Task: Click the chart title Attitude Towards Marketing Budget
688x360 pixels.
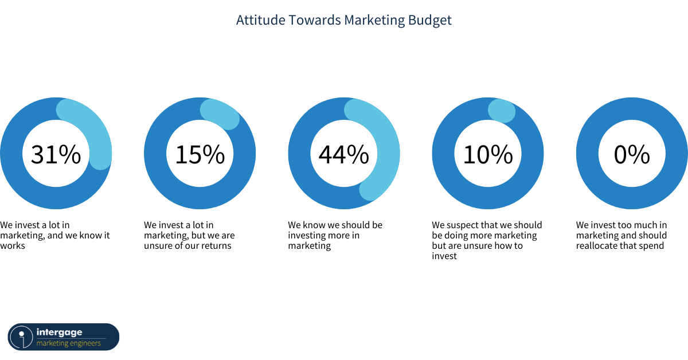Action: (343, 21)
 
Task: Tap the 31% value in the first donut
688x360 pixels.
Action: (56, 154)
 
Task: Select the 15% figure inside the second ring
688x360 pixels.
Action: (200, 154)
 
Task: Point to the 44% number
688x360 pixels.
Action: (343, 154)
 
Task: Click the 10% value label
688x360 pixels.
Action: (488, 154)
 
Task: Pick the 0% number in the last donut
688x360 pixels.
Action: (632, 154)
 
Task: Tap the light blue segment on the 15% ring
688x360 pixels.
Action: (222, 113)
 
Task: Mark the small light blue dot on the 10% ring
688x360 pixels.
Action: (502, 111)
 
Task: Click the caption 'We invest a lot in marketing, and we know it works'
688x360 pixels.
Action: (54, 235)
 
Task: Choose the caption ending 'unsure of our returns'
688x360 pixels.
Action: (189, 235)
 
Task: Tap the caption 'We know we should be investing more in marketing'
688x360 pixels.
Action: (335, 235)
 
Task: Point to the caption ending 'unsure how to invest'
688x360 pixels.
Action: (487, 241)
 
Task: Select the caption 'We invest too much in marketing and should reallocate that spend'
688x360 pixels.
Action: (621, 235)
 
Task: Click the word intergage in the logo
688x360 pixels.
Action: (59, 332)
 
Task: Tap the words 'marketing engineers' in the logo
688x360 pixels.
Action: (68, 343)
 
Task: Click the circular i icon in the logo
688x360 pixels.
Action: (21, 337)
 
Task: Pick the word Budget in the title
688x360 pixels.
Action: (430, 21)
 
